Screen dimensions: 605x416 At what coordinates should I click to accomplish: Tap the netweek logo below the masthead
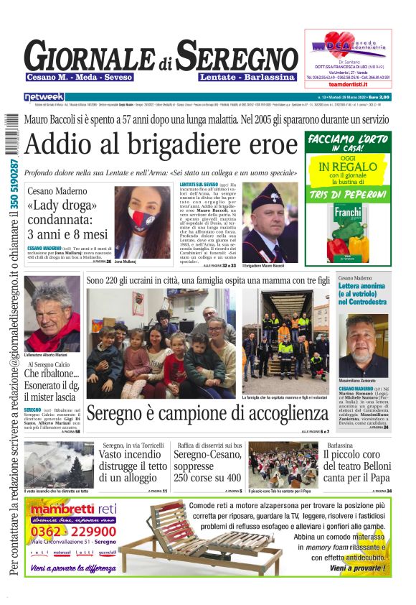coord(44,97)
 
